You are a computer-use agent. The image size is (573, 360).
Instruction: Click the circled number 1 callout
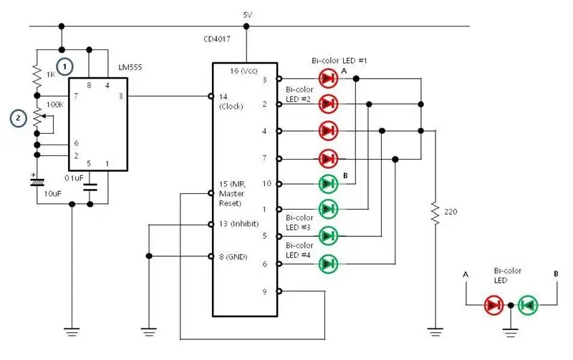(64, 67)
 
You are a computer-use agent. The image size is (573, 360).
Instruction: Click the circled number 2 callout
(19, 118)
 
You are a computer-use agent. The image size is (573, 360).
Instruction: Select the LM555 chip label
(130, 67)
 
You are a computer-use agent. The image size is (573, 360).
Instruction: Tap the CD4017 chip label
(217, 39)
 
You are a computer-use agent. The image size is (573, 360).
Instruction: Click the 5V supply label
(247, 15)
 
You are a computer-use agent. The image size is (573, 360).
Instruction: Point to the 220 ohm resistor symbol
(435, 212)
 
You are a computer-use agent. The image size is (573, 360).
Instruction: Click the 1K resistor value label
(50, 74)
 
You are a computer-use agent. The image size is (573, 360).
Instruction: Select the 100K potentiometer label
(55, 104)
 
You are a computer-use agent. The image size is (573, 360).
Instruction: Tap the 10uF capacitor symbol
(37, 181)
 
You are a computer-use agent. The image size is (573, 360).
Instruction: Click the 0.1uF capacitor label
(74, 177)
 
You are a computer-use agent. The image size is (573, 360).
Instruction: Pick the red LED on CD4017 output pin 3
(328, 79)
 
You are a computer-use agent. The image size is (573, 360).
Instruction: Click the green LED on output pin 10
(328, 184)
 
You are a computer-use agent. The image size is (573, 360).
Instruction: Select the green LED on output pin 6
(328, 263)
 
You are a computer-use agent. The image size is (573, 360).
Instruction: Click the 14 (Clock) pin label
(231, 102)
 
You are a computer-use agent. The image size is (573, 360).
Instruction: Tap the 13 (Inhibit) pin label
(239, 224)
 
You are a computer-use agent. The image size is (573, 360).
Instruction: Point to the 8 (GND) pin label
(233, 257)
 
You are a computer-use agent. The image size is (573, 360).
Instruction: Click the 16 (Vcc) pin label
(244, 70)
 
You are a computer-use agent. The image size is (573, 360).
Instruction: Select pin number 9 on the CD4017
(264, 291)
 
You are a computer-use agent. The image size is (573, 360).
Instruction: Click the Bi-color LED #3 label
(299, 223)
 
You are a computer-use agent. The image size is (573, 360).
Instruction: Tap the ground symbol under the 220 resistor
(435, 332)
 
